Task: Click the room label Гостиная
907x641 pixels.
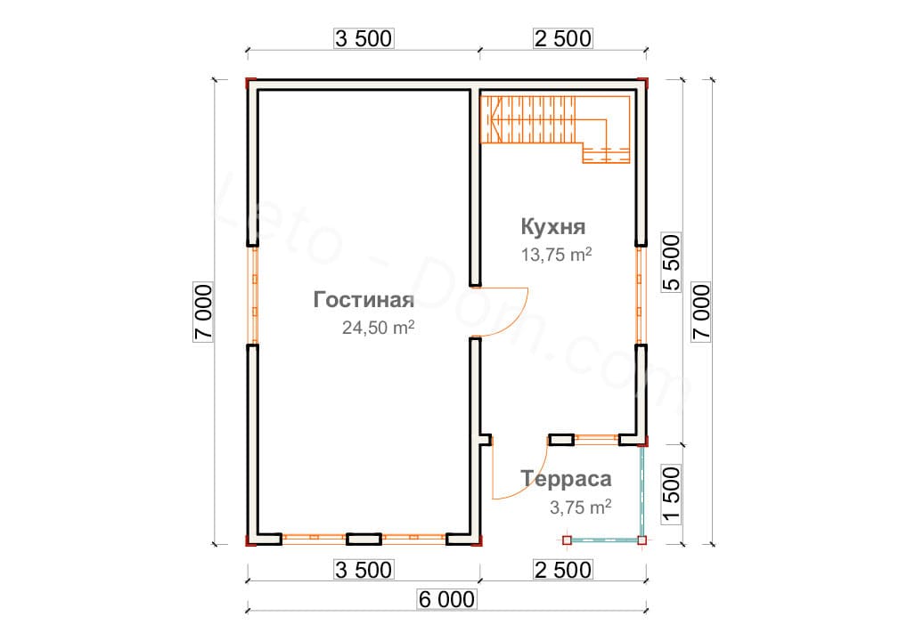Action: pos(364,299)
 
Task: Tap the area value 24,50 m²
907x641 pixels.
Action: pos(379,327)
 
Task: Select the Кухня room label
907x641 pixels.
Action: pos(553,226)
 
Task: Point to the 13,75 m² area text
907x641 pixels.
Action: pos(557,255)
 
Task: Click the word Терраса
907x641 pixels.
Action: pos(566,479)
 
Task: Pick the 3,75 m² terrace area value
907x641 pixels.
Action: pos(580,507)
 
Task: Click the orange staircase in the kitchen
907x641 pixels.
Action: pos(555,129)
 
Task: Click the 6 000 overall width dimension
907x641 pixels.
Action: pos(446,599)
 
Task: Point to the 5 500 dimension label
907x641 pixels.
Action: pos(671,262)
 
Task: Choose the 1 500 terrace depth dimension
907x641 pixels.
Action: pos(671,494)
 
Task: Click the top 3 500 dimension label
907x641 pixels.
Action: pos(364,38)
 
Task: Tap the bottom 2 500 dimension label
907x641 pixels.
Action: pos(563,570)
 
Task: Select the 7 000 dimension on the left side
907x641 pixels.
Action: pos(203,312)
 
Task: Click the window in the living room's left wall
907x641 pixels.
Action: pos(253,296)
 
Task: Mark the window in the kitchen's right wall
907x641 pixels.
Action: pos(640,296)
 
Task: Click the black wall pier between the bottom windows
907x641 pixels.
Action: pos(364,540)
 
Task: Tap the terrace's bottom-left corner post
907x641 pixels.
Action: pos(567,540)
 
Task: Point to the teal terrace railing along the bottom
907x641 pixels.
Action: pos(604,540)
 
